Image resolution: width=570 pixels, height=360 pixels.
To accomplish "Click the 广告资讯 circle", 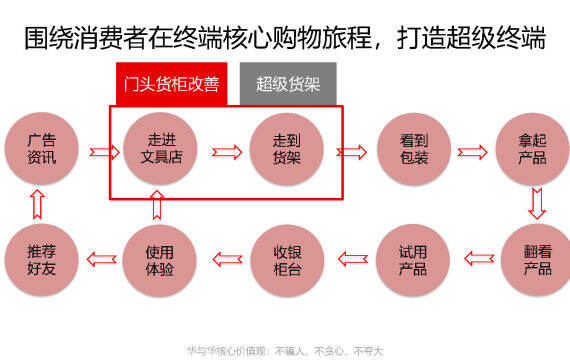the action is [x=41, y=148].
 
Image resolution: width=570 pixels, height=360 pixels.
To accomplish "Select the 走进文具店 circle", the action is [x=160, y=148].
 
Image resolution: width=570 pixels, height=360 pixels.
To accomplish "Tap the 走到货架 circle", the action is [x=286, y=149].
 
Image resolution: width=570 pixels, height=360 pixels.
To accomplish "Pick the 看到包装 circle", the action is [x=414, y=149].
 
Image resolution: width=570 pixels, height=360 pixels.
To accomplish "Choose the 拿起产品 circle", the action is [x=533, y=149].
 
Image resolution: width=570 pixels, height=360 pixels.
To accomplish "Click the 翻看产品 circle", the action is [x=536, y=260].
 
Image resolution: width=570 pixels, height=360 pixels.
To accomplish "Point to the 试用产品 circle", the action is [x=413, y=260].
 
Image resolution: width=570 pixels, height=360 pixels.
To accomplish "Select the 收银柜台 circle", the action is [x=287, y=261].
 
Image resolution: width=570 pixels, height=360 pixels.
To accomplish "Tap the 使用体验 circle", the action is [x=160, y=261].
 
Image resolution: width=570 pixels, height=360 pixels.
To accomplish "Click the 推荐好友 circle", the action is [x=41, y=260].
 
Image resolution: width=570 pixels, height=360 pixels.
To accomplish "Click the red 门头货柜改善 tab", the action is [x=172, y=84].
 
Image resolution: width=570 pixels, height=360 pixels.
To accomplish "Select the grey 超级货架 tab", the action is [x=288, y=84].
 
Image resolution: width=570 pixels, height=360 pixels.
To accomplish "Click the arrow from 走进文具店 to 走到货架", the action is [x=227, y=152].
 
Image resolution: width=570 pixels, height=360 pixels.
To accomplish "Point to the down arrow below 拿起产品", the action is [x=537, y=204].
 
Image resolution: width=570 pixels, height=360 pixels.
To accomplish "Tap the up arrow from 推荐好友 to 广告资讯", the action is [x=37, y=204].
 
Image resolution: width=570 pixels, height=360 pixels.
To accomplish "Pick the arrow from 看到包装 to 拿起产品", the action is [x=472, y=152].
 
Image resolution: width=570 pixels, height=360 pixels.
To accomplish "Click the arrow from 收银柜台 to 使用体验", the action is [x=227, y=259].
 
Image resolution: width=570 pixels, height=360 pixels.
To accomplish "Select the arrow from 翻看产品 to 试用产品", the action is [x=479, y=259].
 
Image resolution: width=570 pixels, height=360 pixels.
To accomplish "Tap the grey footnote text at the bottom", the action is [x=285, y=351].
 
